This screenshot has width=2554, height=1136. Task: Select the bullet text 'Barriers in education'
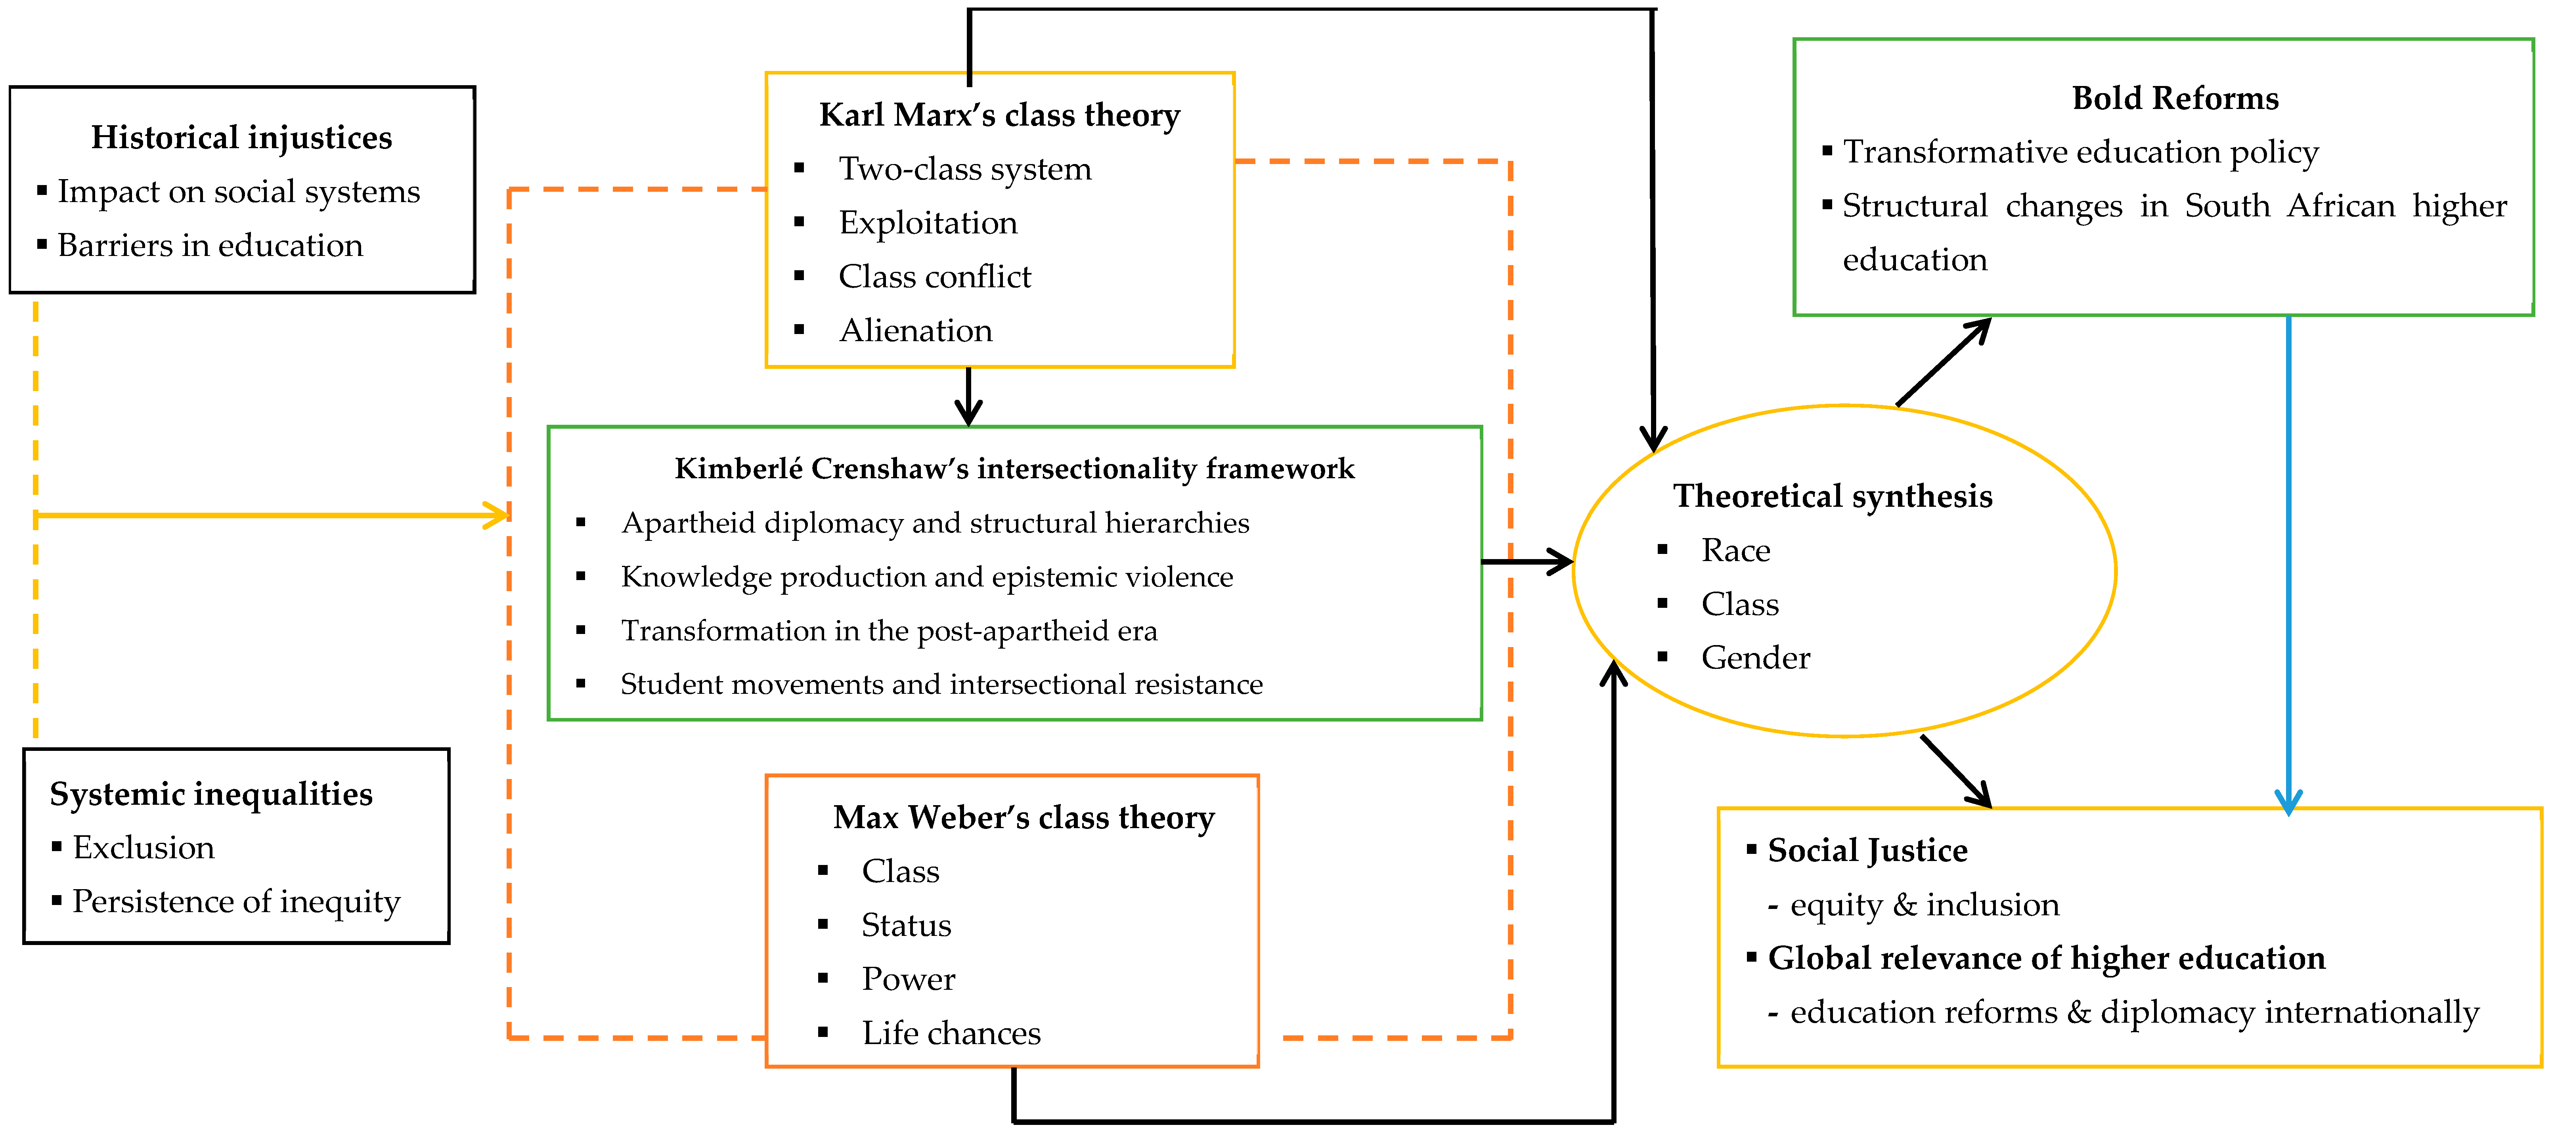tap(210, 245)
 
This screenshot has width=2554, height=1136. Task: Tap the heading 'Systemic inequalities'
tap(211, 794)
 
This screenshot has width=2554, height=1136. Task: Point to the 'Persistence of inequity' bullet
tap(236, 902)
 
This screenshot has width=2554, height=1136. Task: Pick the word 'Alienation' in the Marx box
tap(915, 330)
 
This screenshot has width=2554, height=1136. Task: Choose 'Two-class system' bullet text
tap(965, 170)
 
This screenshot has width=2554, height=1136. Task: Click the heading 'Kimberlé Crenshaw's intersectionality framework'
tap(1014, 469)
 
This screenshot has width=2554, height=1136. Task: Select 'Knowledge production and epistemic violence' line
tap(927, 577)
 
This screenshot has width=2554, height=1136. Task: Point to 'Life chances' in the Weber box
tap(951, 1033)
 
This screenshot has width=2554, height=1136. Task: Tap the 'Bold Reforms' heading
tap(2175, 98)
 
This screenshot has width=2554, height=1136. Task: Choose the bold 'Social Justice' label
tap(1867, 850)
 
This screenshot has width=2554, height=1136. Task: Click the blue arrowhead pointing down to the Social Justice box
tap(2288, 801)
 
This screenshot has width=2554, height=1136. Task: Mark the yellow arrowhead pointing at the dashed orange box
tap(496, 515)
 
